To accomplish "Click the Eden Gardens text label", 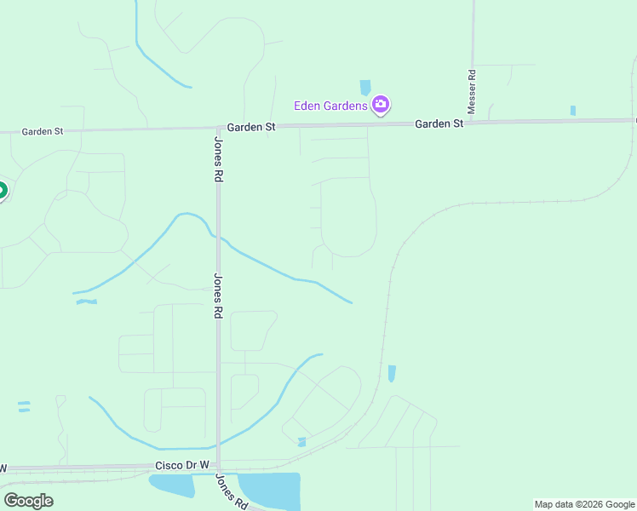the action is coord(330,106).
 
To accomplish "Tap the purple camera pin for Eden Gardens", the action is coord(381,105).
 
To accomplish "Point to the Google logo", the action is coord(28,500).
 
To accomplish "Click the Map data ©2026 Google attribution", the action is coord(583,504).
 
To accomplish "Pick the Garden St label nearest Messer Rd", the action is coord(439,123).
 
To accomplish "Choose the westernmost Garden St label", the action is coord(43,131).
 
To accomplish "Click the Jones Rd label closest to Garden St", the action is coord(218,159).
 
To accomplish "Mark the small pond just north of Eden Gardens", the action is coord(365,87).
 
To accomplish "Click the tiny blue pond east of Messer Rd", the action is coord(572,111).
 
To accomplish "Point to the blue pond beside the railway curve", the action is coord(392,373).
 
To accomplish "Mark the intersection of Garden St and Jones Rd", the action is coord(218,129).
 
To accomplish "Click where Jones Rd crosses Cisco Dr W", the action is coord(218,468).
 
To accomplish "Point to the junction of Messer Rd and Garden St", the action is coord(473,122).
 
